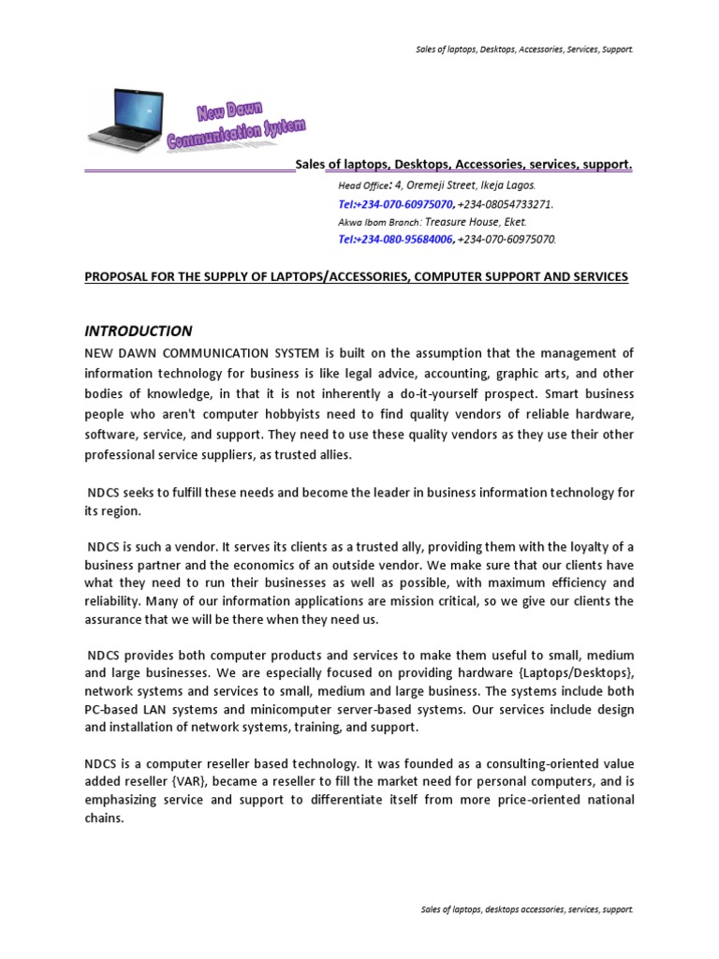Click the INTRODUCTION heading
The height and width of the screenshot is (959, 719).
[139, 331]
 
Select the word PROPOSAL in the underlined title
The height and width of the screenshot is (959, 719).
[118, 277]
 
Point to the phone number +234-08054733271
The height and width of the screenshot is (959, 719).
[506, 204]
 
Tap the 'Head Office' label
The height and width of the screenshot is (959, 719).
[361, 186]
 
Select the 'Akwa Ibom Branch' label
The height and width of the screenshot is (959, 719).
[379, 223]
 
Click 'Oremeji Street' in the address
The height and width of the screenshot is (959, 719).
[444, 185]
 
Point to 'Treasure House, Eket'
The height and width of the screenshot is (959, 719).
[477, 222]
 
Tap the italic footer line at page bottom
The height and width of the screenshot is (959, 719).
[524, 909]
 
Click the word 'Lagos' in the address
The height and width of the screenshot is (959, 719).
[521, 185]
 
